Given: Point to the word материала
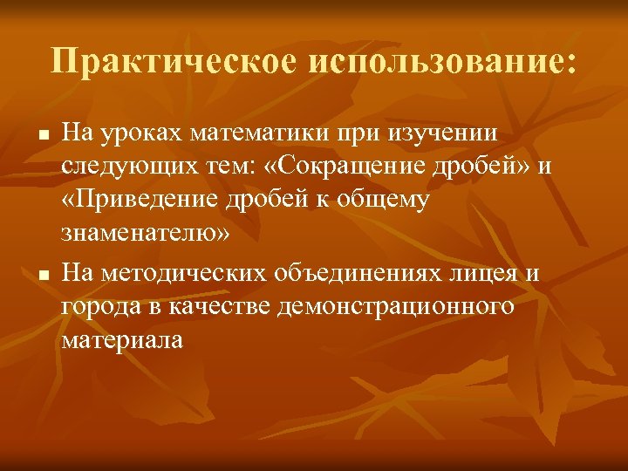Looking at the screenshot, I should [x=122, y=340].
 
